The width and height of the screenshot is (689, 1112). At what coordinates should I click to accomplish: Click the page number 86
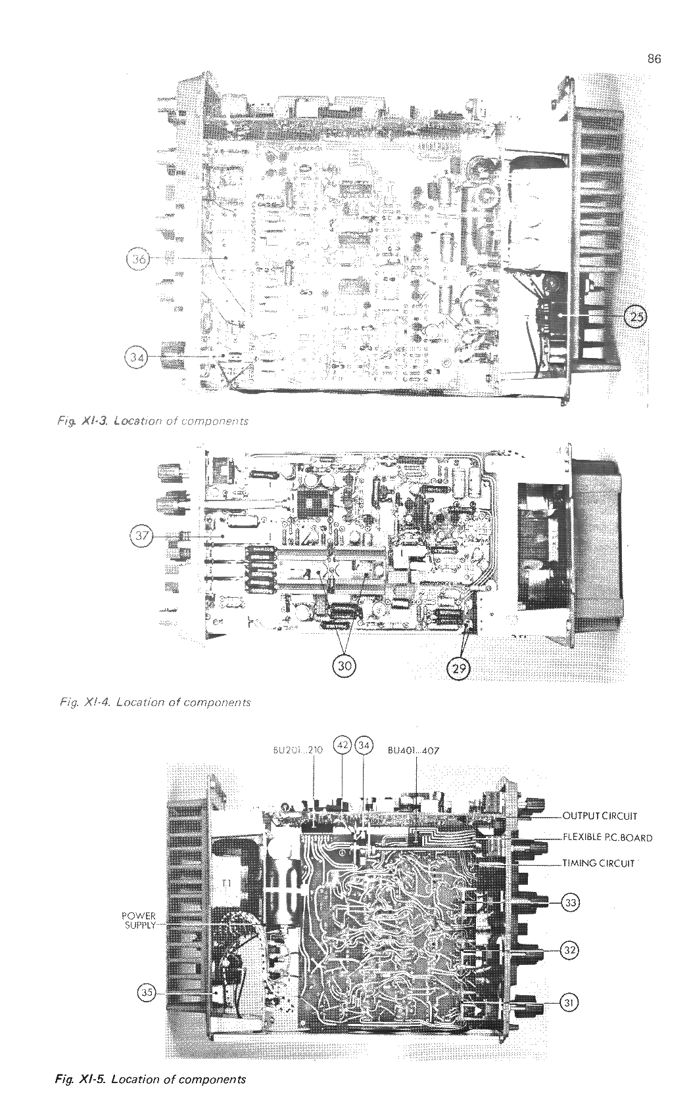(x=653, y=59)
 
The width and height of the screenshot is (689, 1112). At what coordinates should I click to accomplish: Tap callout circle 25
(x=636, y=317)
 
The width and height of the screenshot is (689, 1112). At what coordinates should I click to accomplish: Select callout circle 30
(x=345, y=665)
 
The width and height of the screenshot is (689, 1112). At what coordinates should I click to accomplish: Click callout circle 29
(x=458, y=669)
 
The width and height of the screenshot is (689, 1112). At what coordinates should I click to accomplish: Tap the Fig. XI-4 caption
(x=154, y=702)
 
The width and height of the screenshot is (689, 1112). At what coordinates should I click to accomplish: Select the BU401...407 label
(x=413, y=749)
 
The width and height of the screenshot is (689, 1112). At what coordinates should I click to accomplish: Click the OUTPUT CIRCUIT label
(x=600, y=816)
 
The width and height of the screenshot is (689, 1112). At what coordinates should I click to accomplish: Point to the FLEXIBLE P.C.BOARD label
(x=607, y=837)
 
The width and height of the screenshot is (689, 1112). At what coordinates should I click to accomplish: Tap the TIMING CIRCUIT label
(x=598, y=863)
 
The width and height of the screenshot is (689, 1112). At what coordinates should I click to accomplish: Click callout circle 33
(x=570, y=903)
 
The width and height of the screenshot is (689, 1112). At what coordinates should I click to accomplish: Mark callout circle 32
(x=570, y=950)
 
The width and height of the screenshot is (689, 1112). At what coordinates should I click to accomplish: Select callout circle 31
(x=570, y=1002)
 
